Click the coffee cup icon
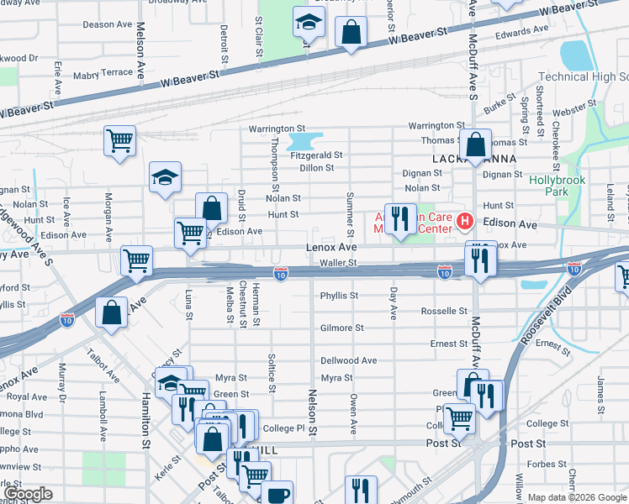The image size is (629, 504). (x=277, y=494)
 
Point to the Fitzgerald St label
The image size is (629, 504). (x=316, y=155)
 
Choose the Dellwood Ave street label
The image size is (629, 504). (x=348, y=360)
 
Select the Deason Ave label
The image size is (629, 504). (x=108, y=24)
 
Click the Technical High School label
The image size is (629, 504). (x=583, y=76)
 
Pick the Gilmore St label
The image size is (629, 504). (x=341, y=328)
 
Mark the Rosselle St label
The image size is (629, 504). (x=444, y=311)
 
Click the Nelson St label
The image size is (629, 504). (x=313, y=412)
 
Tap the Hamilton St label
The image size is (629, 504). (x=145, y=416)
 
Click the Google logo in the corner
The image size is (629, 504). (x=29, y=493)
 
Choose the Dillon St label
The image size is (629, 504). (x=317, y=168)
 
